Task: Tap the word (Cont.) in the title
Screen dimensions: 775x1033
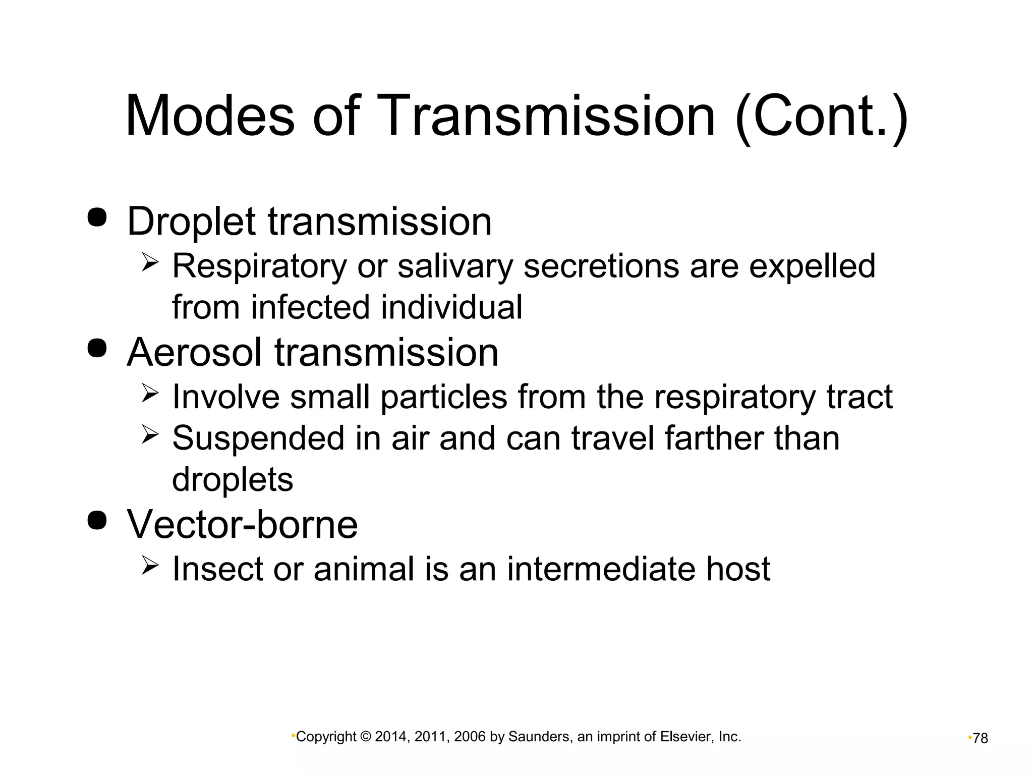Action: (x=821, y=117)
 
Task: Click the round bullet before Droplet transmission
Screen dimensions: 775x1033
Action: (x=97, y=217)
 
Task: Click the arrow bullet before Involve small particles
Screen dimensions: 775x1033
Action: (x=150, y=393)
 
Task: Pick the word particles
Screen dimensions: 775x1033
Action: (x=443, y=397)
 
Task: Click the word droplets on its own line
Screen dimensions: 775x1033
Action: (x=233, y=480)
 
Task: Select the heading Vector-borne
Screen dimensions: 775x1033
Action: (x=242, y=525)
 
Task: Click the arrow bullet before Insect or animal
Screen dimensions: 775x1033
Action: (x=150, y=565)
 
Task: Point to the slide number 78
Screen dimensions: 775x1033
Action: (x=980, y=739)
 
